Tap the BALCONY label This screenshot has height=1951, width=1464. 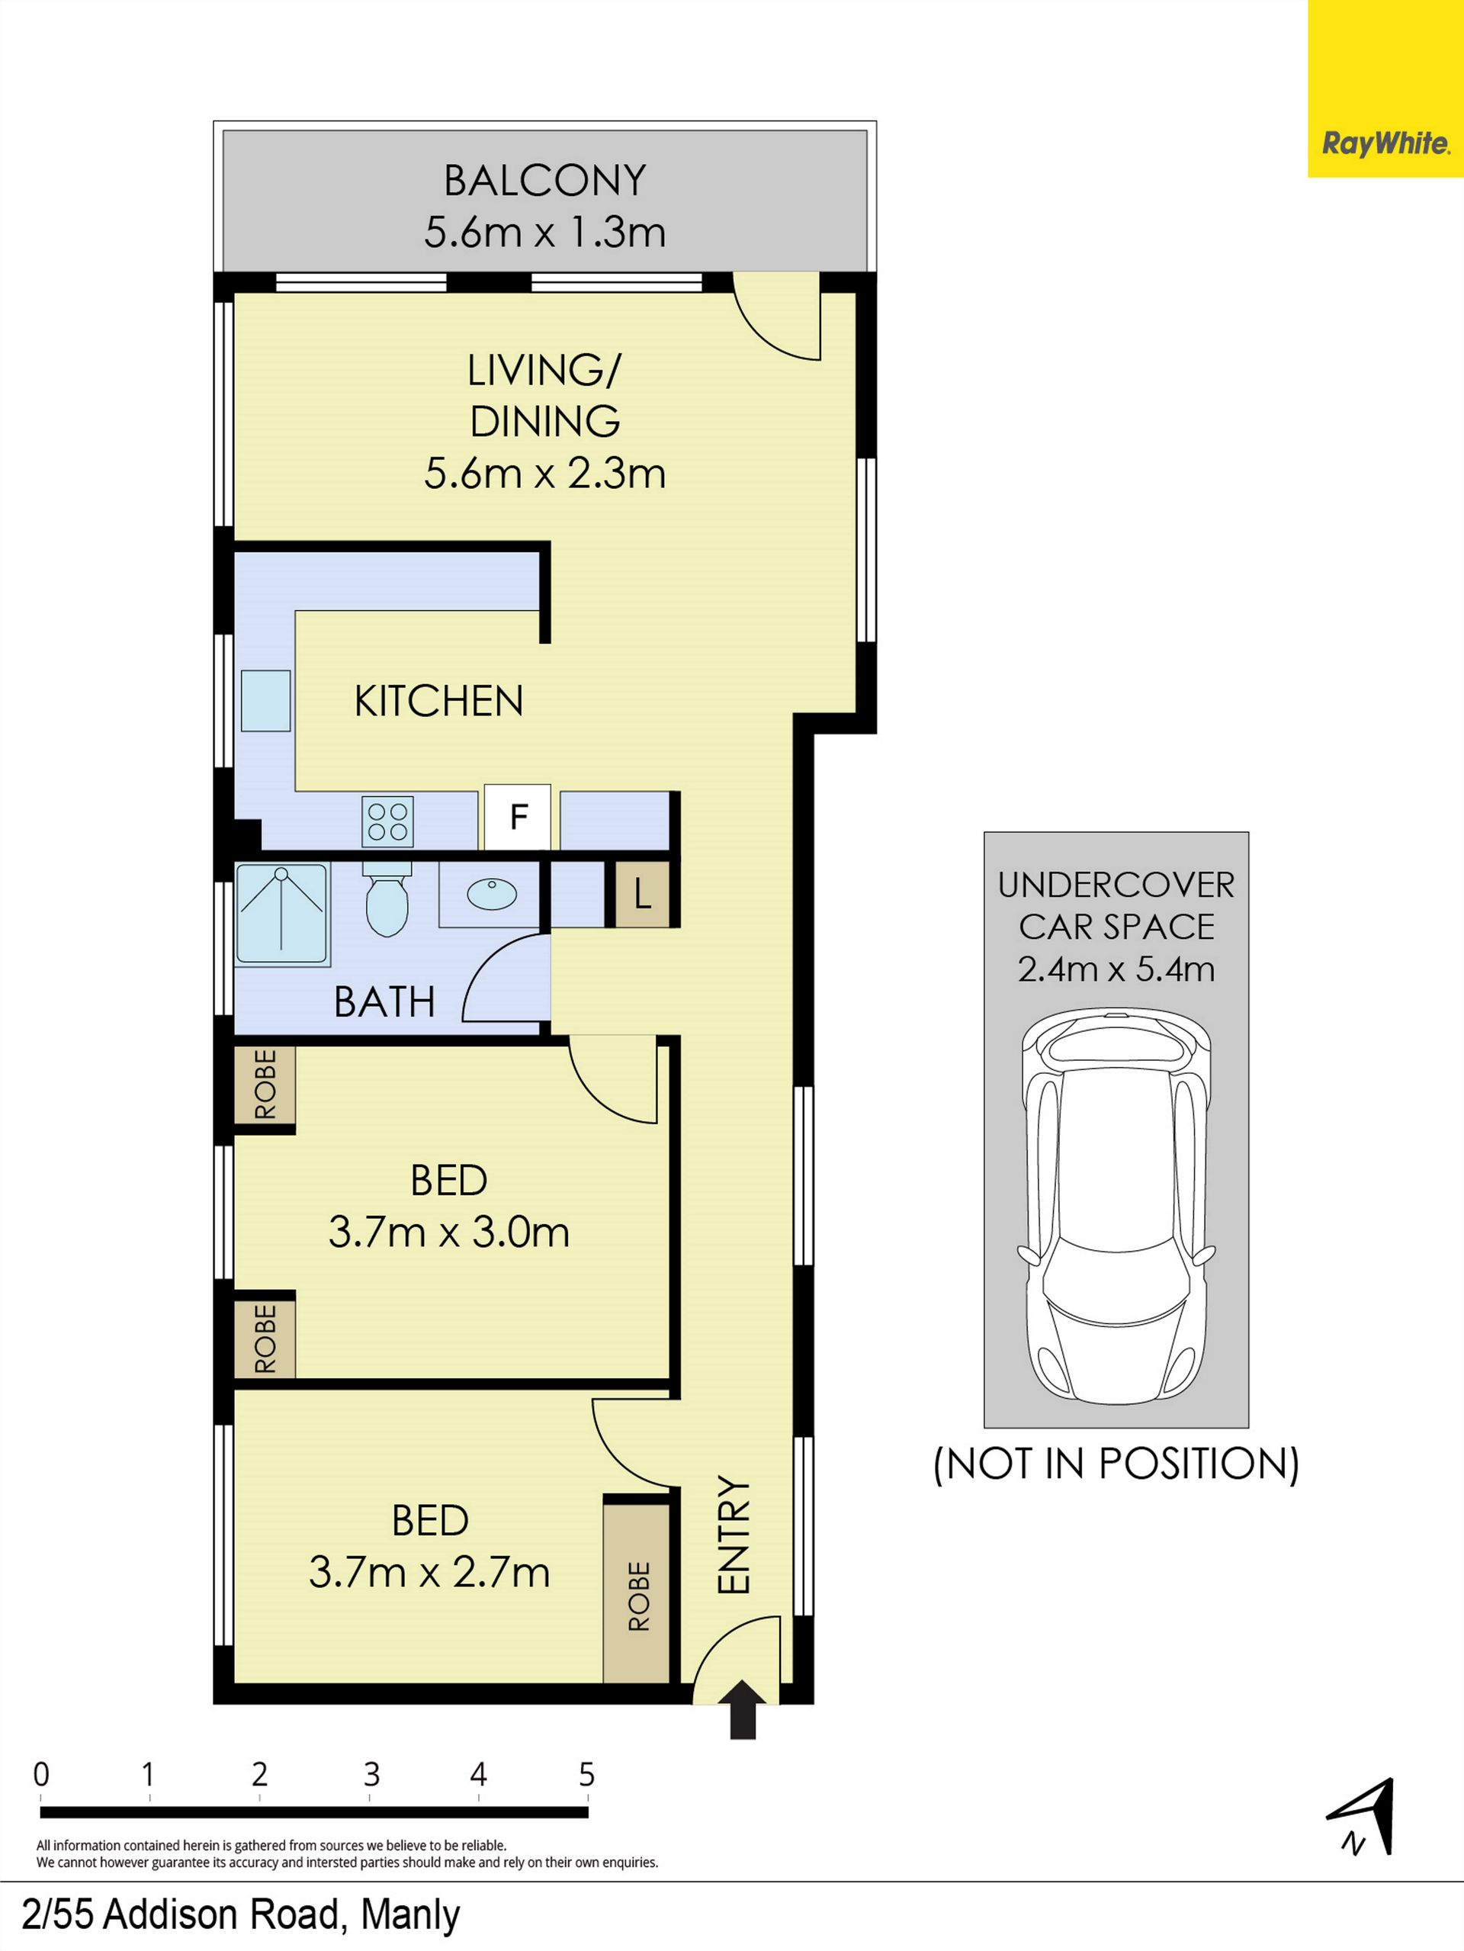(x=545, y=181)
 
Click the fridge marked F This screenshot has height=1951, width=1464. (x=518, y=818)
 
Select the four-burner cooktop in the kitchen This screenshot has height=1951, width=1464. (x=387, y=821)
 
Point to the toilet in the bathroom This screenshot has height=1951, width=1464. (x=387, y=898)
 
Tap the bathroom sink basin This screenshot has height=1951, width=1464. (x=491, y=895)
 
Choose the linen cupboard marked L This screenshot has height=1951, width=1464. (x=642, y=895)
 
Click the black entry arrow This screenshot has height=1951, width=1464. (x=743, y=1709)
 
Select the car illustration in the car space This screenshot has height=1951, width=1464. (x=1116, y=1207)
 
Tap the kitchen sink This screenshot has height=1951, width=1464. (x=265, y=700)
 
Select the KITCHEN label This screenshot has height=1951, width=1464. (x=438, y=701)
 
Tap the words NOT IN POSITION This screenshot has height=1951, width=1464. (x=1116, y=1463)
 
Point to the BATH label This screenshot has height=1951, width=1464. (x=384, y=1002)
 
